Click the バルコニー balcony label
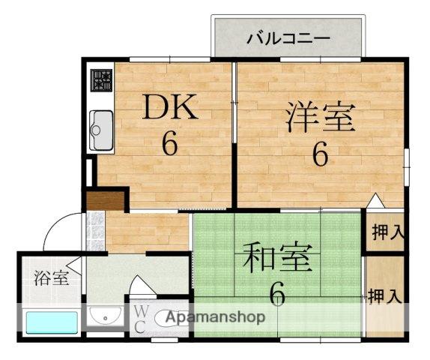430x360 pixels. (x=288, y=37)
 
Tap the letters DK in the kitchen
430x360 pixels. (x=171, y=109)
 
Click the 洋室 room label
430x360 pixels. (x=320, y=118)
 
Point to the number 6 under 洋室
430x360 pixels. (x=320, y=155)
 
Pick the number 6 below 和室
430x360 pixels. (x=278, y=295)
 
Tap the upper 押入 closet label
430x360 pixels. (x=387, y=232)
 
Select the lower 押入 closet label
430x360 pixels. (x=387, y=295)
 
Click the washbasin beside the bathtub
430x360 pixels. (x=105, y=317)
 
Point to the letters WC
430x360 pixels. (x=140, y=318)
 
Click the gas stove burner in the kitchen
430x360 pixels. (x=102, y=79)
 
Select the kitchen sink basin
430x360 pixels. (x=101, y=130)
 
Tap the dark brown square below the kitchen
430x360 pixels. (x=104, y=200)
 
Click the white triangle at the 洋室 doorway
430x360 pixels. (x=375, y=201)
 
